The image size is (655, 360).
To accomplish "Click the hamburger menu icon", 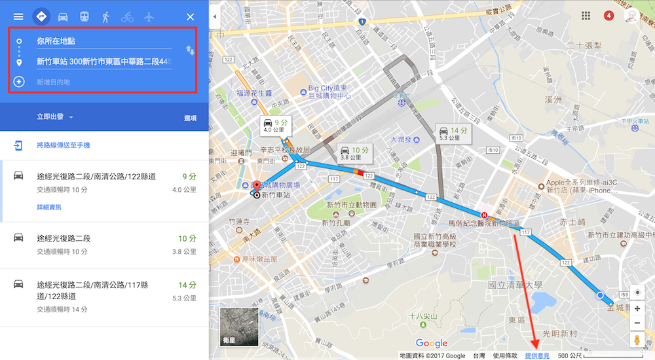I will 18,17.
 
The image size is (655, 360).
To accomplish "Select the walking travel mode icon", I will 105,17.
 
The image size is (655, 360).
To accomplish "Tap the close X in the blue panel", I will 190,17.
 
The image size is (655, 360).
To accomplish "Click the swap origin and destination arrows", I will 190,50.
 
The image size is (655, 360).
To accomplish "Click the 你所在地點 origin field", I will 98,41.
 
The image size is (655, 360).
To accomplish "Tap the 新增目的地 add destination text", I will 53,82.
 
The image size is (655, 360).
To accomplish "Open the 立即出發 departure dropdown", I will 55,118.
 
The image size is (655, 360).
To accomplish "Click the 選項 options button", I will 190,118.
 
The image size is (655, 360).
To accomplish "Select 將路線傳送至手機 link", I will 63,145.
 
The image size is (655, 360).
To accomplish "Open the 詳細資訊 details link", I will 48,207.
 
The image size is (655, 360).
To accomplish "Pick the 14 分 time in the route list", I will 187,285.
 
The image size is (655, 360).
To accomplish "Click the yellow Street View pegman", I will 637,340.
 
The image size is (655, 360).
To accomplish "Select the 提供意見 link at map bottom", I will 537,355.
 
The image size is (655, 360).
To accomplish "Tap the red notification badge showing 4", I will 608,16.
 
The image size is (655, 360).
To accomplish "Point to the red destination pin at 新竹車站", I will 256,187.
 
